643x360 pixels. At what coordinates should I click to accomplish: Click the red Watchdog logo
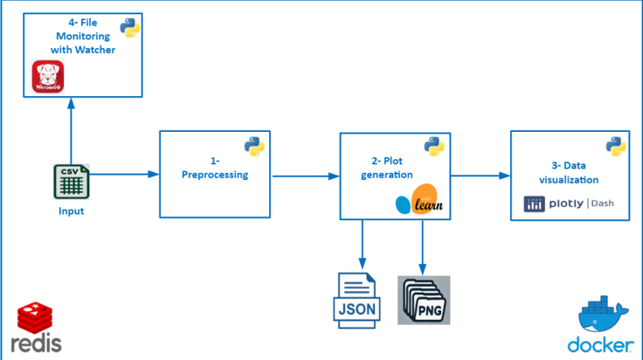48,77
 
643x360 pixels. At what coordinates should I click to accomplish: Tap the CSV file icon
72,182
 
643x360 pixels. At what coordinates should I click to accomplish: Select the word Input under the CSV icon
71,211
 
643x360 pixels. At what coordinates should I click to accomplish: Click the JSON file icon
356,301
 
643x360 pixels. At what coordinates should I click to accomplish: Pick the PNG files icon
424,300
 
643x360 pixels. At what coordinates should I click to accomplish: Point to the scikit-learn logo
419,199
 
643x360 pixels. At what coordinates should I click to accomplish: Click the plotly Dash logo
569,204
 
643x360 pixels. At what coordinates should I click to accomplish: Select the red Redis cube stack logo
35,318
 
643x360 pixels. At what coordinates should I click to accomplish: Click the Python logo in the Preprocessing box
254,147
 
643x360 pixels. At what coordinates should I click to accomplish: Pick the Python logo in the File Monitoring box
130,28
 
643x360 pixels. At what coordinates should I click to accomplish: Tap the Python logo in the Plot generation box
434,147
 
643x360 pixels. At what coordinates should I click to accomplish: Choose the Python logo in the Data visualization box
616,147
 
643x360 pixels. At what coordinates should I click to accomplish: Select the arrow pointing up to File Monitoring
72,131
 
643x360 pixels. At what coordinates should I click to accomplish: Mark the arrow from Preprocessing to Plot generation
306,177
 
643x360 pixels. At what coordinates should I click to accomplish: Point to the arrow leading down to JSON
362,245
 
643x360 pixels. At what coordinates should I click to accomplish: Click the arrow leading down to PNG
422,247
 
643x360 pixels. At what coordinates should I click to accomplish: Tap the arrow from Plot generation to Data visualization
481,176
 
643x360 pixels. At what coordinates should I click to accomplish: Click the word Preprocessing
215,175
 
